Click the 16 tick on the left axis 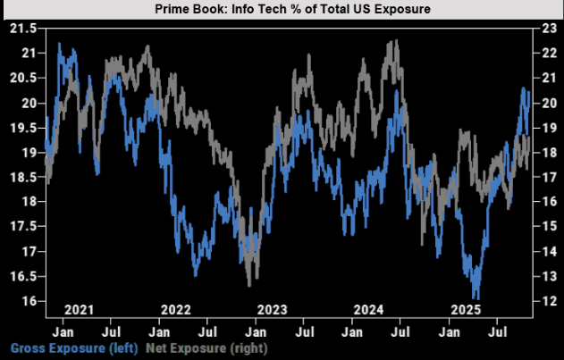(x=27, y=301)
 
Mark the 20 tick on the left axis (x=27, y=103)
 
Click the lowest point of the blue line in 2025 (x=477, y=298)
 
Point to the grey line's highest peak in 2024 (x=394, y=41)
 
